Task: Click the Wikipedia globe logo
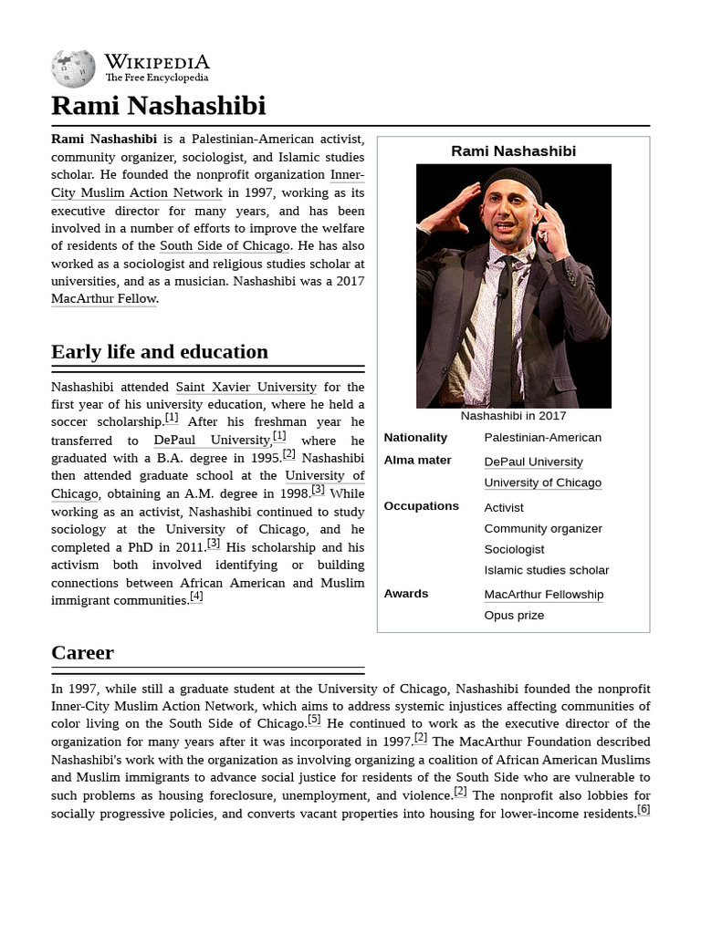[x=73, y=69]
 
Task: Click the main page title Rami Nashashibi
[x=158, y=106]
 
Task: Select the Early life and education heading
[x=160, y=352]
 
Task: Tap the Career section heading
[x=82, y=653]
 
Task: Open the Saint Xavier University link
[x=246, y=387]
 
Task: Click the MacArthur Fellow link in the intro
[x=104, y=298]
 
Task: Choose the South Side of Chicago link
[x=225, y=245]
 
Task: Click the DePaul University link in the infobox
[x=533, y=462]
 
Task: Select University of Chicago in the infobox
[x=542, y=483]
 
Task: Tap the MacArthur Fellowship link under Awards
[x=543, y=595]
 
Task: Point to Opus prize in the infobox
[x=514, y=616]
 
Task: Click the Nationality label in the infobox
[x=415, y=438]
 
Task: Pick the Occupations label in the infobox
[x=421, y=506]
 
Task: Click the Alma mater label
[x=417, y=461]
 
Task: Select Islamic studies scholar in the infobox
[x=546, y=571]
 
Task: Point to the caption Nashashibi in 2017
[x=513, y=416]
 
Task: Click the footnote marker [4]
[x=196, y=597]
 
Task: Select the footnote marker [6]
[x=643, y=810]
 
